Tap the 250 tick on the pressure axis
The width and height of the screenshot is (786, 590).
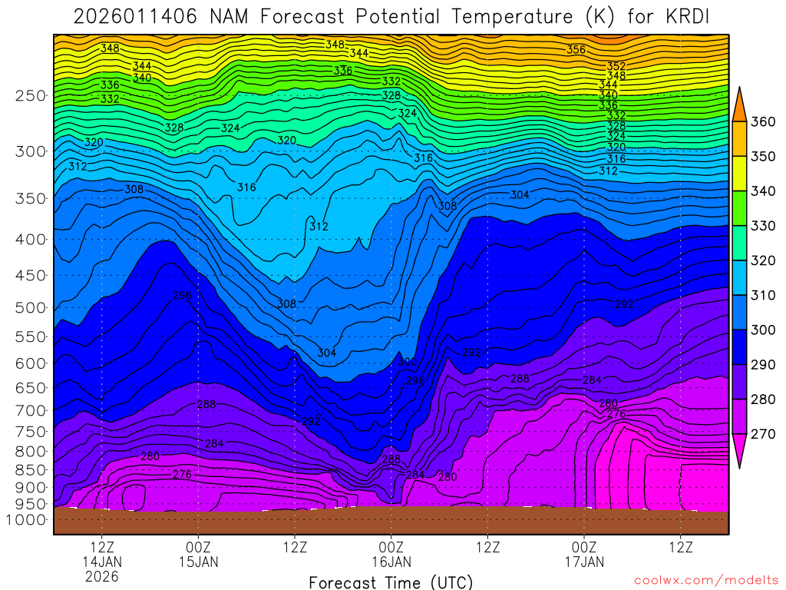[x=31, y=95]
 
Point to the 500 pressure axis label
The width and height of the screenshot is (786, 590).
[x=31, y=307]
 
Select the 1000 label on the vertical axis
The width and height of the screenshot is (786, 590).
[x=27, y=519]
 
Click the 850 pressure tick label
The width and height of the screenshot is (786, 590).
[x=31, y=469]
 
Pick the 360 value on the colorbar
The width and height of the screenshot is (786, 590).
[x=764, y=121]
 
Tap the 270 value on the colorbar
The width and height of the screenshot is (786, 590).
[x=764, y=434]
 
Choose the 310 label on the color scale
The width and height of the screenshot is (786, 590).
[x=764, y=295]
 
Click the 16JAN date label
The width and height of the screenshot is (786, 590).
[x=391, y=562]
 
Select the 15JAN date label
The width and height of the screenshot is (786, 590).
[x=199, y=562]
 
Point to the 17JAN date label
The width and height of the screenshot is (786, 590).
[x=584, y=562]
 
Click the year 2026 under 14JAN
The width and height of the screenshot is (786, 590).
[x=102, y=576]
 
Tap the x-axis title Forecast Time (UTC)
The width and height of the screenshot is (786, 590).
[x=391, y=582]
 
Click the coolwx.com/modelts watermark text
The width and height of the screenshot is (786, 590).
[x=706, y=581]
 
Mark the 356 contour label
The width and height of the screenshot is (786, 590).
[x=576, y=50]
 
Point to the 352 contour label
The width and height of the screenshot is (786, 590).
[x=616, y=66]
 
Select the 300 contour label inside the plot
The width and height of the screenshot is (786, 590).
[x=407, y=361]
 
